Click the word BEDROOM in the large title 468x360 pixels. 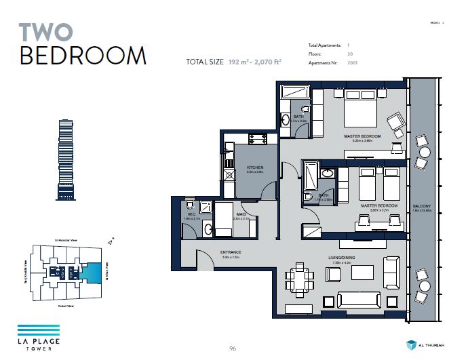click(83, 56)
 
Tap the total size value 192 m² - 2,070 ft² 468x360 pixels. click(255, 62)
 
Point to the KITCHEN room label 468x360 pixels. click(254, 167)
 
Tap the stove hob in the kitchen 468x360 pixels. click(257, 139)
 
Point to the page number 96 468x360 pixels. click(232, 348)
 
